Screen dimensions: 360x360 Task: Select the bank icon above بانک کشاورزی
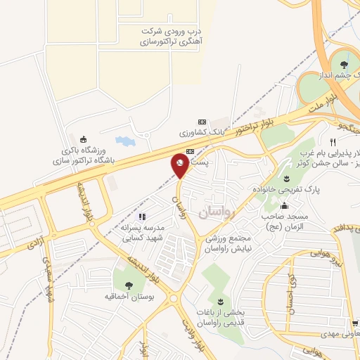(202, 121)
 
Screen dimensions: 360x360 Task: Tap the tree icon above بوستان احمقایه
(129, 285)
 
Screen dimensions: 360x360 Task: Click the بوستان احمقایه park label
(129, 297)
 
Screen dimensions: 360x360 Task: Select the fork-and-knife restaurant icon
(323, 141)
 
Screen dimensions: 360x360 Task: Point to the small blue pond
(124, 141)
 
